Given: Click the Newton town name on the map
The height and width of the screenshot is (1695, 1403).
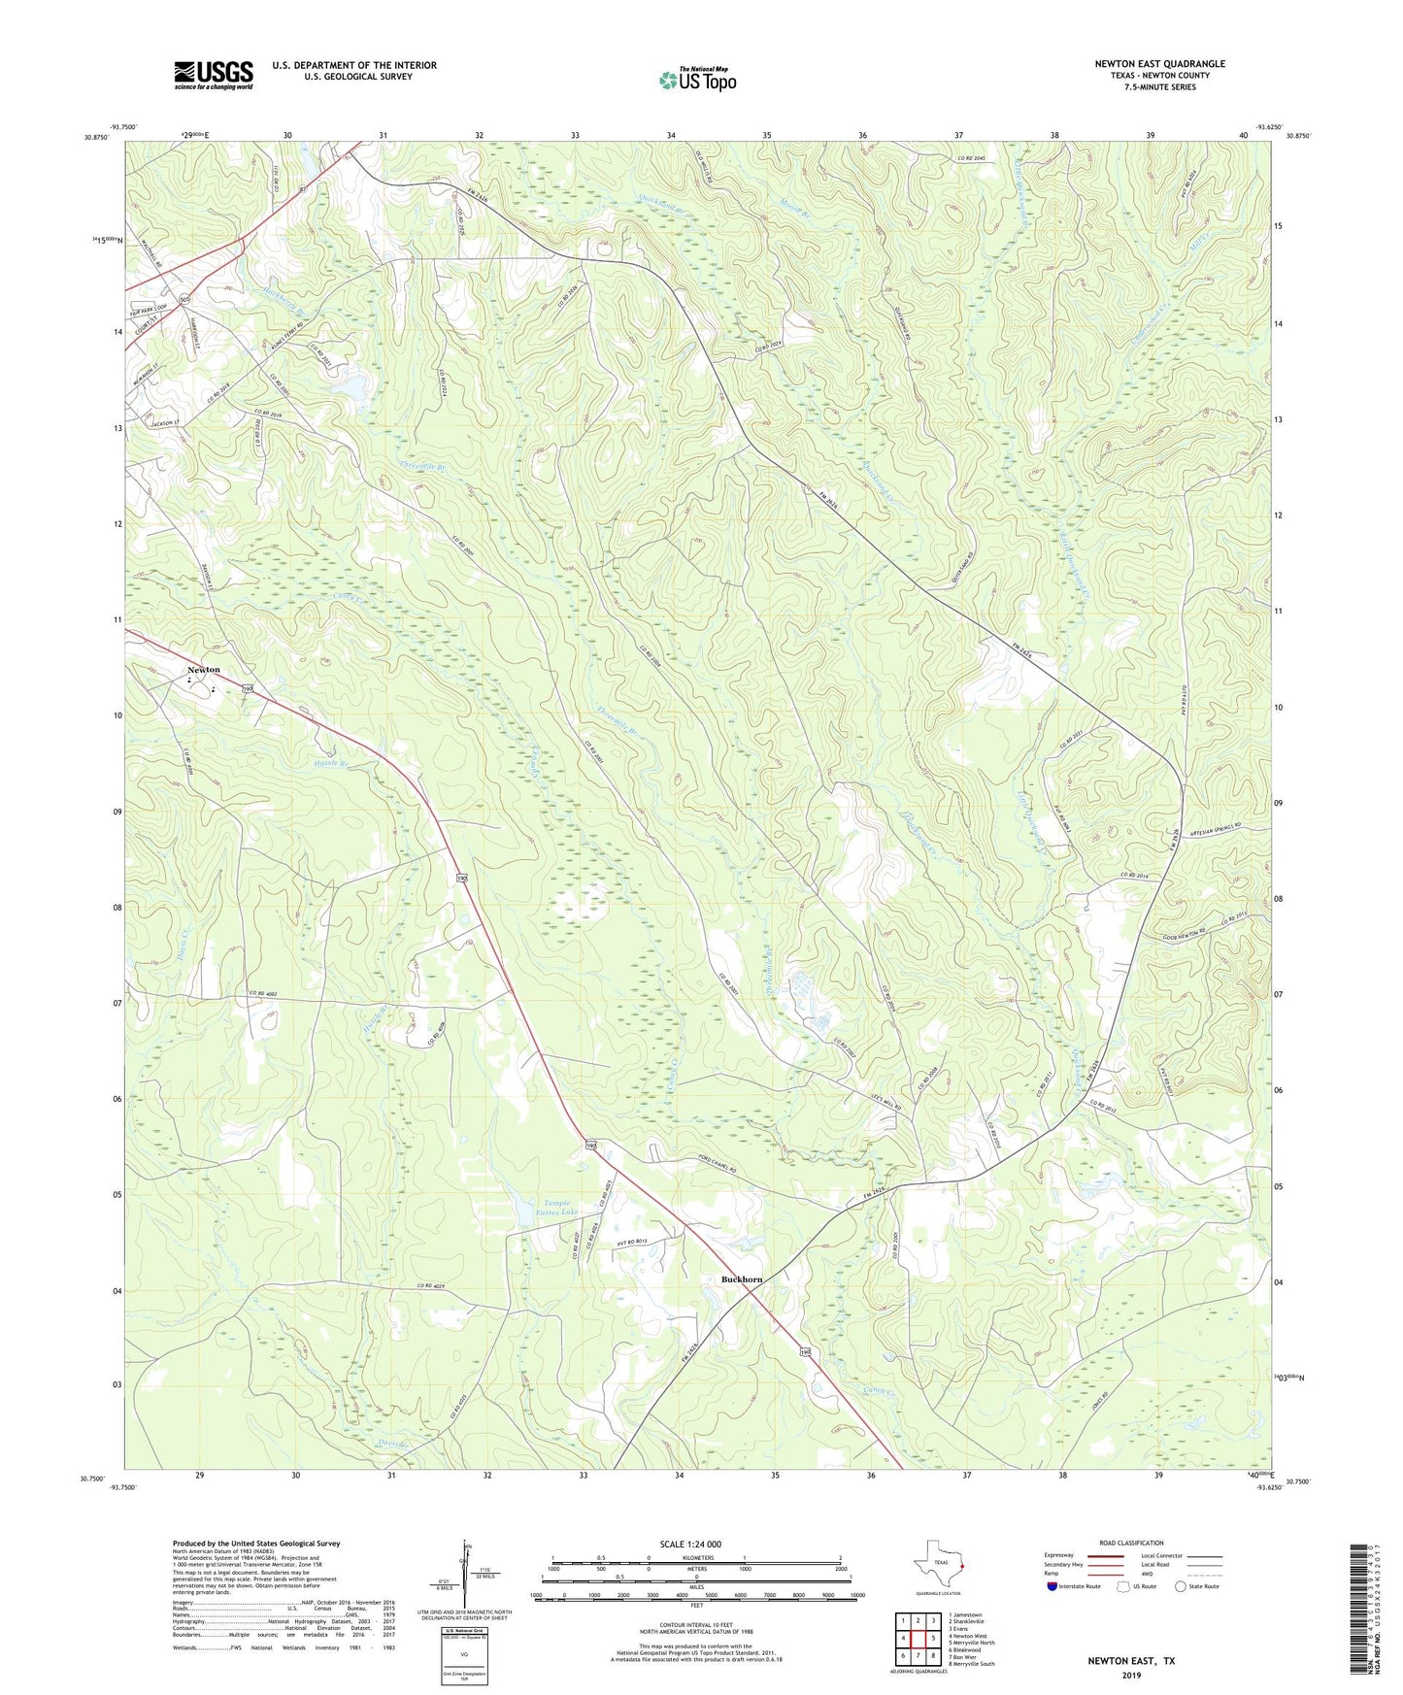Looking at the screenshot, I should (x=204, y=670).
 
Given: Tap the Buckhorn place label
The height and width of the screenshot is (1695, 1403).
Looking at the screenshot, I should (x=742, y=1280).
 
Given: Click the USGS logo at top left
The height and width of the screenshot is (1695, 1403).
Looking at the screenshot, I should (x=214, y=75).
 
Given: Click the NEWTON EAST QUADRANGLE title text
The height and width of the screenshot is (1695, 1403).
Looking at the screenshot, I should (x=1159, y=64).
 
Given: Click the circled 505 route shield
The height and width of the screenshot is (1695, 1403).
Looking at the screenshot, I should (x=184, y=301).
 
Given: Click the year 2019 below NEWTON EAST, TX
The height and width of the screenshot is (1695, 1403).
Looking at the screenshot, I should (x=1131, y=1676).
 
